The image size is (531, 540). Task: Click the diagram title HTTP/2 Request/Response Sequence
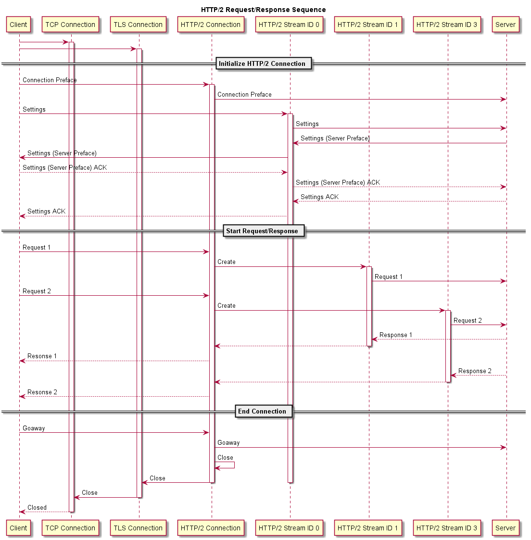[263, 10]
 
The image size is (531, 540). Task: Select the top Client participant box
[18, 25]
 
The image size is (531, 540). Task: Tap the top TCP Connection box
[70, 25]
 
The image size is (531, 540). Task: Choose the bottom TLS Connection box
[138, 528]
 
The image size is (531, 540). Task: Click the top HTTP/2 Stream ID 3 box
[446, 25]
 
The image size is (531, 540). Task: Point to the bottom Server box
[506, 528]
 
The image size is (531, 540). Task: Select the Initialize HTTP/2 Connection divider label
[264, 63]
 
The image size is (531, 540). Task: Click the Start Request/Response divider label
[264, 231]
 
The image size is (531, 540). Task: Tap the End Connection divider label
[264, 411]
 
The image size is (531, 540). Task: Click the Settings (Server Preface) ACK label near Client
[65, 168]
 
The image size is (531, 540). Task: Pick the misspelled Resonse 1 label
[42, 356]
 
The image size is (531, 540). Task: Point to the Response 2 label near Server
[475, 371]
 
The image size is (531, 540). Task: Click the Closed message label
[37, 508]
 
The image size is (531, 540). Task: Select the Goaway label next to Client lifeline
[34, 428]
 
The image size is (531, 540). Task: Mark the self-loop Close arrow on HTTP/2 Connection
[234, 465]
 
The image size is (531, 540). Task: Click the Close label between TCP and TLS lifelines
[89, 493]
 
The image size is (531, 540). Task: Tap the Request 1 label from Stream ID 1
[388, 277]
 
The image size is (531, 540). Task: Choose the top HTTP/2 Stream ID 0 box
[289, 25]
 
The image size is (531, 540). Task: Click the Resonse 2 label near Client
[42, 392]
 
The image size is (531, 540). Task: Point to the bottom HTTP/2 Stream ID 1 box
[367, 528]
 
